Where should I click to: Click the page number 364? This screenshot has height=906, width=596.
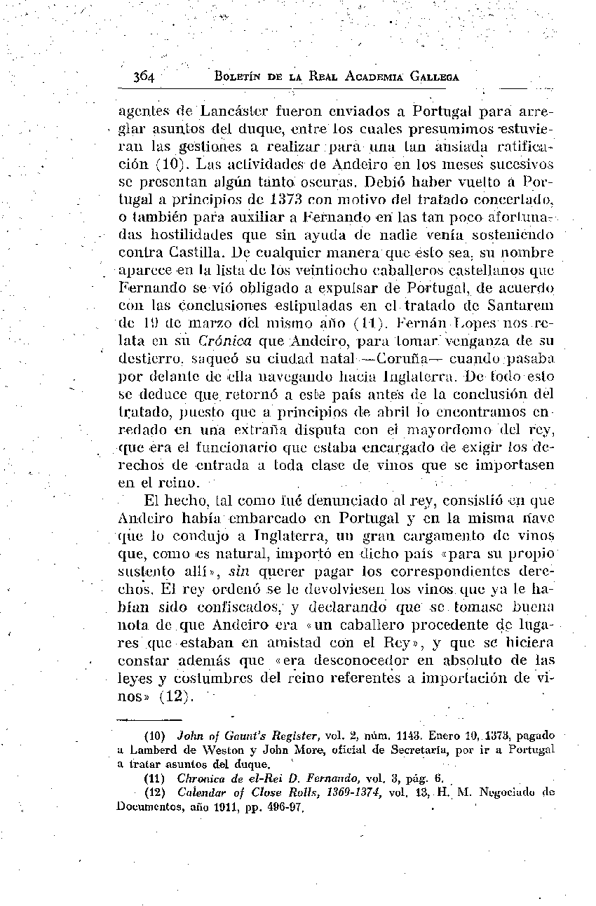147,77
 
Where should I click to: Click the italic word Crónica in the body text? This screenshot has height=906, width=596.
222,342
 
